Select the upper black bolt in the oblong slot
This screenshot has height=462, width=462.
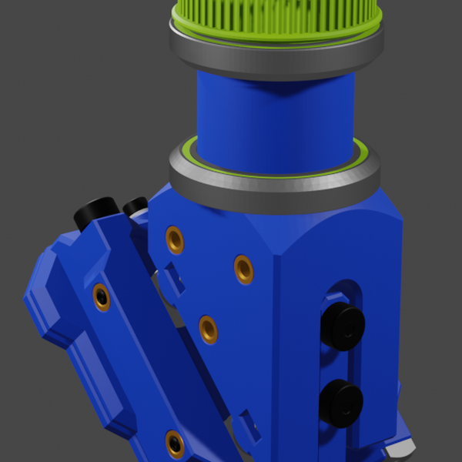point(342,326)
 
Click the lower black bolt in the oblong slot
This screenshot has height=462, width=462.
point(340,402)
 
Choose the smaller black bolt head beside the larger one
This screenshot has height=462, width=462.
point(135,206)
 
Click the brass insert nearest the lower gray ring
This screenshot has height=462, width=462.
point(175,239)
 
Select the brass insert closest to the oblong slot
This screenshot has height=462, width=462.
point(243,269)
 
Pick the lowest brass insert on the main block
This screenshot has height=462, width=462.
point(208,330)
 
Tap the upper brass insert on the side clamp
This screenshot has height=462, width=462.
point(101,296)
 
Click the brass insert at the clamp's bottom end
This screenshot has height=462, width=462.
point(175,444)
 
